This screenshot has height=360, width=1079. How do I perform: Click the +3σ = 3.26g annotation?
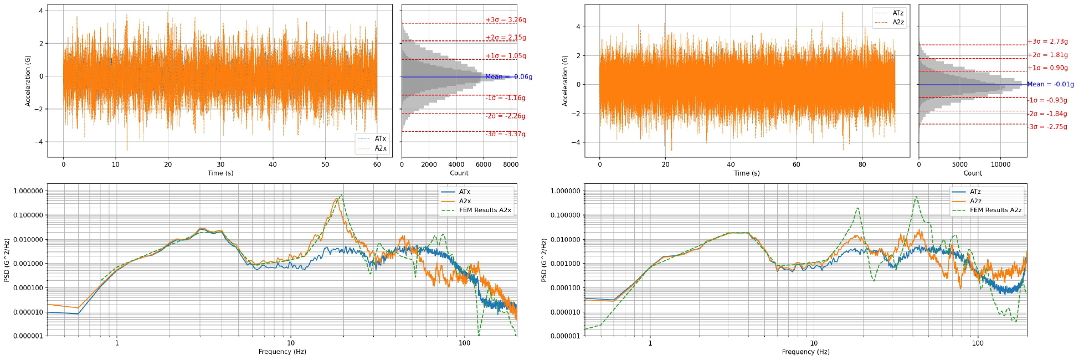pos(506,20)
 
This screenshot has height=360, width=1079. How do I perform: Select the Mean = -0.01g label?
pos(1050,84)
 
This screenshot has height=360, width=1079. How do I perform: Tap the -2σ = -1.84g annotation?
pos(1047,114)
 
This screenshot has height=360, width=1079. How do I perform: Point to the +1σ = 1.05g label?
pos(506,56)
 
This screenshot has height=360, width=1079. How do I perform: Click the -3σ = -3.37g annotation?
pos(505,134)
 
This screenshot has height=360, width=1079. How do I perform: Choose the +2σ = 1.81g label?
pos(1047,55)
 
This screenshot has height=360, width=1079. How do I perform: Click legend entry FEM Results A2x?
pos(485,210)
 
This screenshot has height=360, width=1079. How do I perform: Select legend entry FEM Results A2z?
pos(995,210)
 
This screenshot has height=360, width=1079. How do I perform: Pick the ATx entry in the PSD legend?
pos(464,192)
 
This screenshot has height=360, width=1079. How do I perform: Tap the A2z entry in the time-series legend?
pos(898,22)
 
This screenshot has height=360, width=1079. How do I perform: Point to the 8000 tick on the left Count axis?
pos(511,164)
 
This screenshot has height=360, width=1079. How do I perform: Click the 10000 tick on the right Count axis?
pos(1000,164)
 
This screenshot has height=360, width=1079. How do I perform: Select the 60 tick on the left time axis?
pos(377,164)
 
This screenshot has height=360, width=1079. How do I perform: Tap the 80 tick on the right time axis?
pos(862,164)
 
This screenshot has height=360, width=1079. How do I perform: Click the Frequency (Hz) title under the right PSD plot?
pos(805,352)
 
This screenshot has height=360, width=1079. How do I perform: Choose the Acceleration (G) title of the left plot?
pos(28,81)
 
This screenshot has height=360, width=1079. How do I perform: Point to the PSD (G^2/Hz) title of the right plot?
pos(544,260)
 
